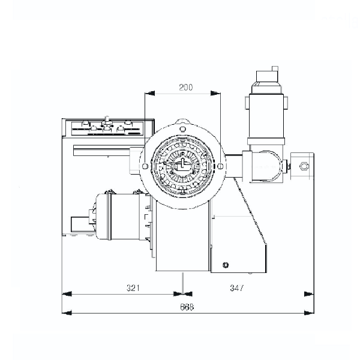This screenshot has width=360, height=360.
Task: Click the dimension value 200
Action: click(186, 87)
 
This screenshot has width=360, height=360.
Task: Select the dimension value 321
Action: click(133, 287)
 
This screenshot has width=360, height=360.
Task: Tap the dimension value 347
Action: click(237, 287)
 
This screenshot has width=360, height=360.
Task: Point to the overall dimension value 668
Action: click(187, 307)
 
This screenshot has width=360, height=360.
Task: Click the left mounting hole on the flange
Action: click(145, 166)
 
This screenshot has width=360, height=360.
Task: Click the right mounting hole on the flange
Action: click(220, 166)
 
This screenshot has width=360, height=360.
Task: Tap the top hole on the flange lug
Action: click(182, 129)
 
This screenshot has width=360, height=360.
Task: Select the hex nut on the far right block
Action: click(304, 166)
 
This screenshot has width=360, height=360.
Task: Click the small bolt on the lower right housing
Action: click(226, 265)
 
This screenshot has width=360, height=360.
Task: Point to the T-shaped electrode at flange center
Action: click(182, 163)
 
